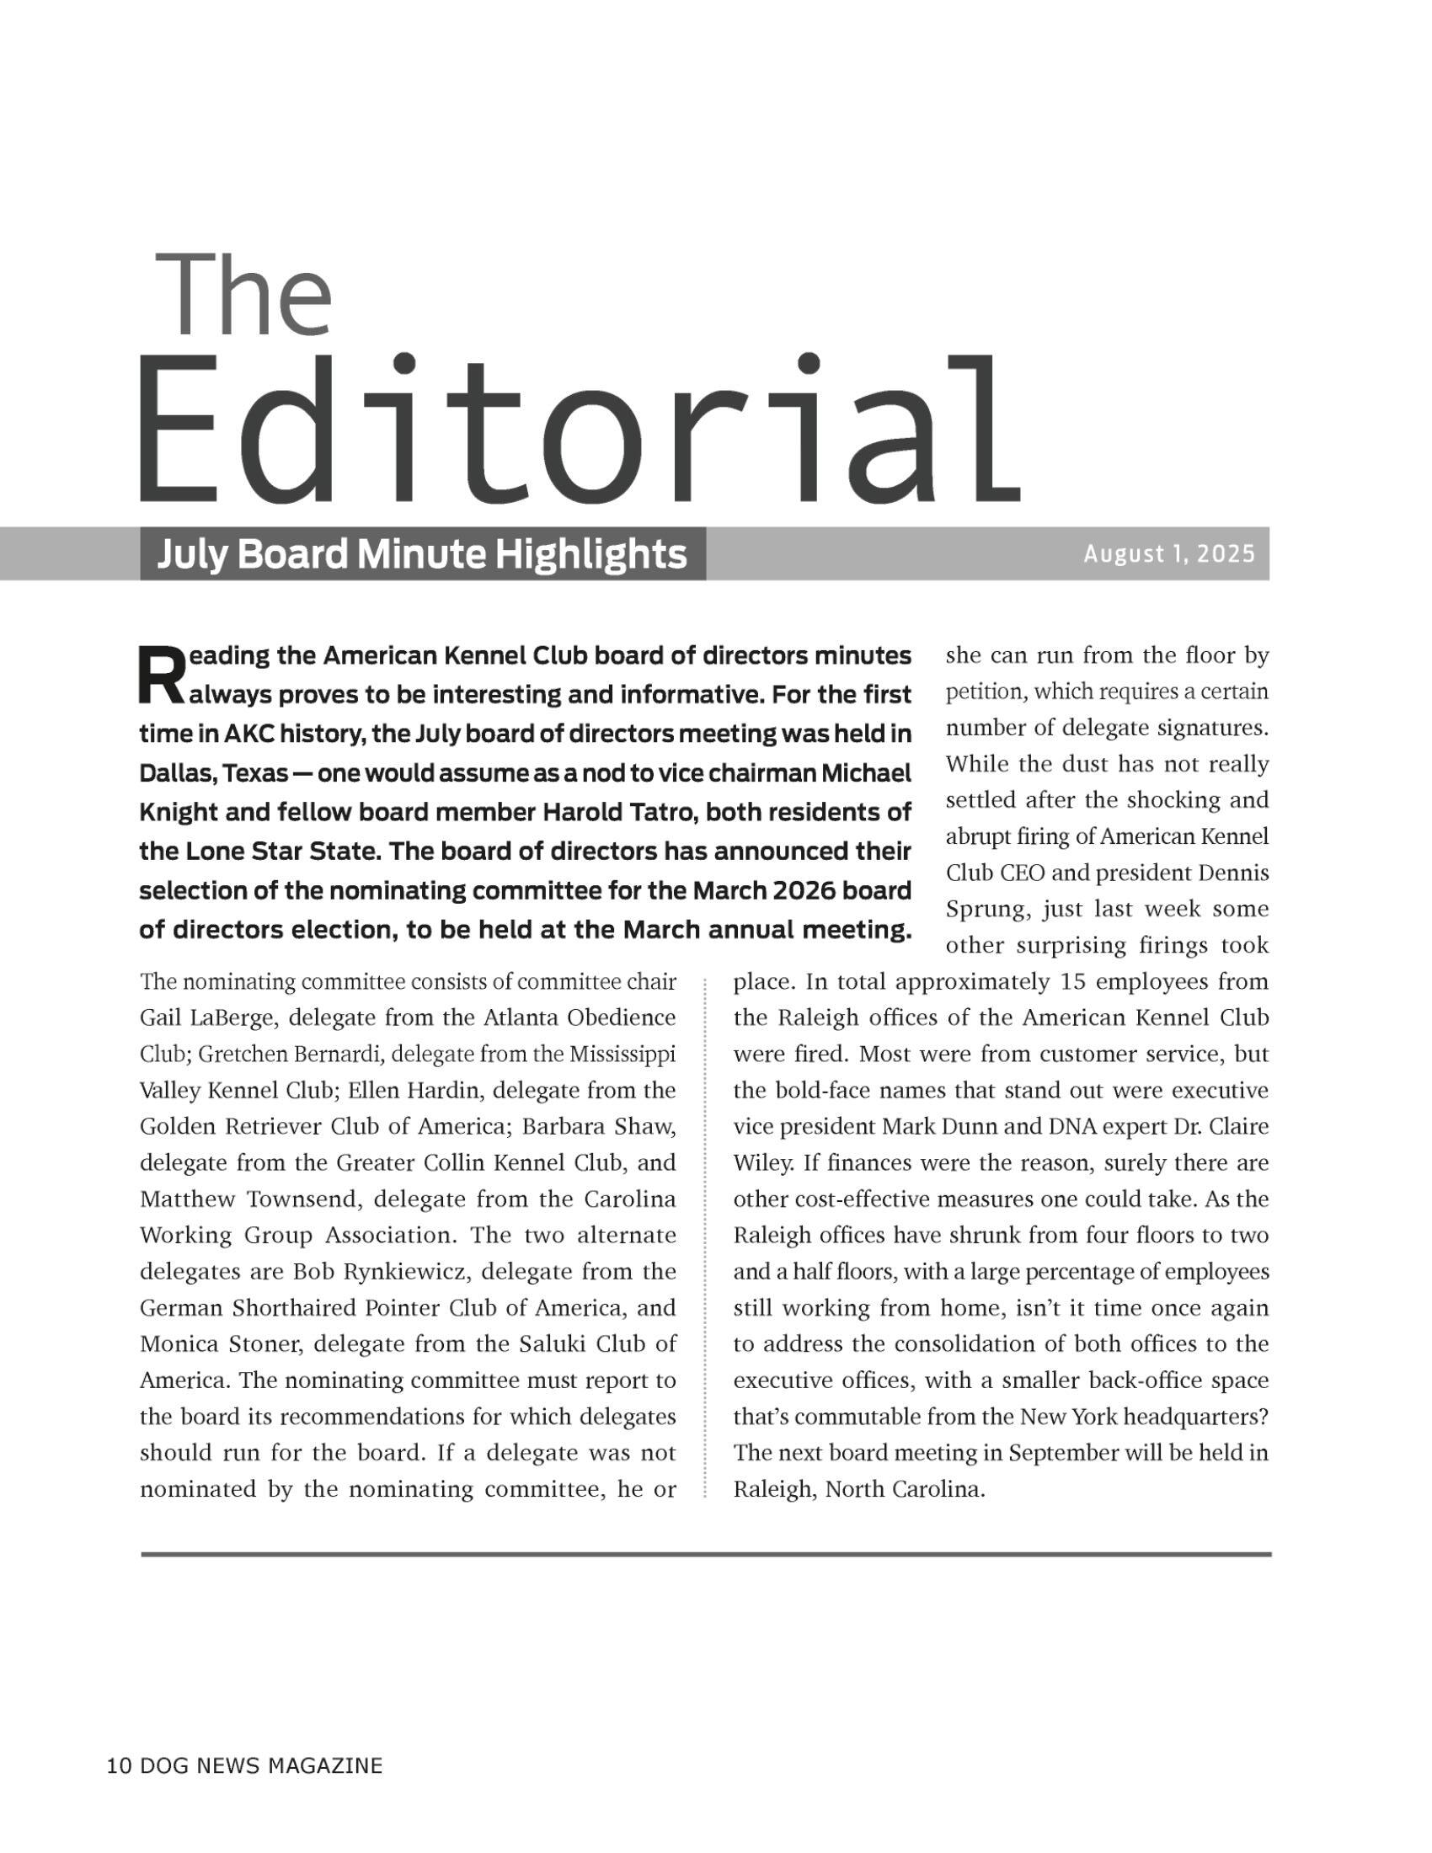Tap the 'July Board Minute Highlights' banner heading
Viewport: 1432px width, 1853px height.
tap(422, 555)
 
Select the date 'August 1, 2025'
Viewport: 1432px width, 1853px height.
tap(1168, 555)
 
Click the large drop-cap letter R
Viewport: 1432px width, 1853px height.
tap(158, 676)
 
